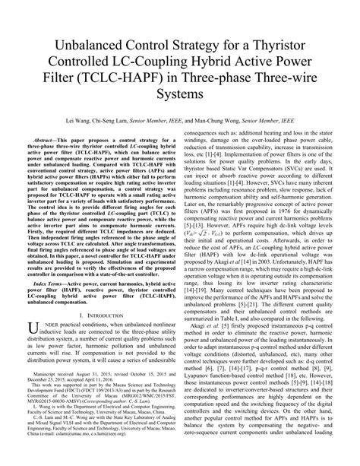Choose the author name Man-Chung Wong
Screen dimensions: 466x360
point(242,121)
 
